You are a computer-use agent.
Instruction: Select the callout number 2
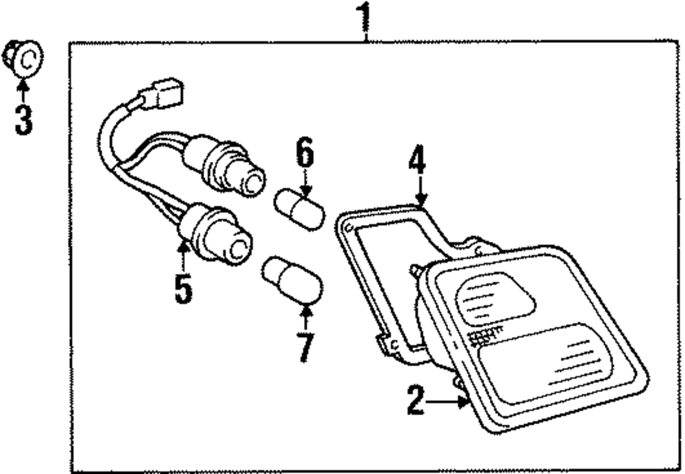tap(415, 400)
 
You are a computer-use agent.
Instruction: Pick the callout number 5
tap(183, 288)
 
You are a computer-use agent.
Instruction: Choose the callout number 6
tap(305, 154)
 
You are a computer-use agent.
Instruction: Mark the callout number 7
tap(306, 346)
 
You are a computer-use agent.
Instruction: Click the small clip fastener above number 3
tap(23, 59)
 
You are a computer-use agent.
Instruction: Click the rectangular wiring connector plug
tap(162, 96)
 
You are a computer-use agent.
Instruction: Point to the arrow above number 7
tap(306, 316)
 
